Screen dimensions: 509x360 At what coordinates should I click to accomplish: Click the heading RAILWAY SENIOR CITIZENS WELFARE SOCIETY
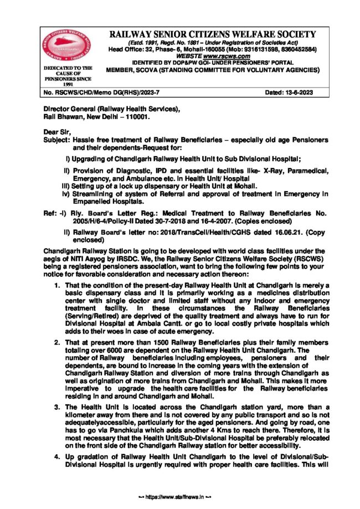click(213, 34)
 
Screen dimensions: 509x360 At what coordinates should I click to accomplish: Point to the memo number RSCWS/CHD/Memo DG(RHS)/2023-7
click(102, 91)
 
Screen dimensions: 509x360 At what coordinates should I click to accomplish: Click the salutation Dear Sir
click(58, 132)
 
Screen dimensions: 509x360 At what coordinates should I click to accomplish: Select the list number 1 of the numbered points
click(57, 285)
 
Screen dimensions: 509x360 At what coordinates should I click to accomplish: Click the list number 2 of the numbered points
click(57, 343)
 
